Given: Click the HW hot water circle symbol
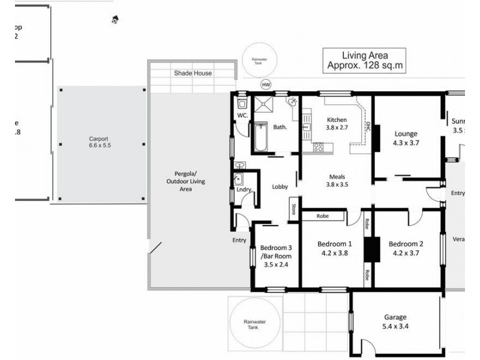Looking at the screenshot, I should point(266,85).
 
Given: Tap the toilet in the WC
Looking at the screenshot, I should point(242,101).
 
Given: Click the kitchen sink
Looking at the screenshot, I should point(306,127).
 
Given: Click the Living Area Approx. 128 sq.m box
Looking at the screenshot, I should point(364,61).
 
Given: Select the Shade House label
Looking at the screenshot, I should point(193,73).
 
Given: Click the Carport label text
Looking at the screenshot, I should point(100,139).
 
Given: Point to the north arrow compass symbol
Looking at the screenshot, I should point(115,20).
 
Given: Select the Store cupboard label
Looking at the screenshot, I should point(294,209).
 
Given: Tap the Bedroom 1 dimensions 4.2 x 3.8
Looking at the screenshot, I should point(334,253).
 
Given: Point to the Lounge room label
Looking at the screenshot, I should point(406,133).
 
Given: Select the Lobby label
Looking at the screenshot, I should point(280,187).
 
